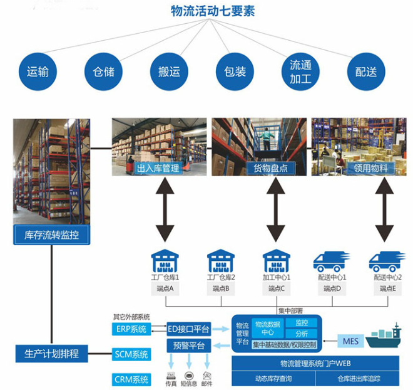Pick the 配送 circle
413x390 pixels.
366,71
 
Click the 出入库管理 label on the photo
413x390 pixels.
158,168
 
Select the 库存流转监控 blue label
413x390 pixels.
51,236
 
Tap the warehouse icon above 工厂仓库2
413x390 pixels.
221,260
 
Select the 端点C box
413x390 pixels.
277,288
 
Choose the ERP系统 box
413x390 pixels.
131,329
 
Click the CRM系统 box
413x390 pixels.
131,379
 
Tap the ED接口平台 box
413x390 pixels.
189,328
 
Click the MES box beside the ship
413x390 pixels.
350,342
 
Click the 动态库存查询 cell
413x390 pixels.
273,379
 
